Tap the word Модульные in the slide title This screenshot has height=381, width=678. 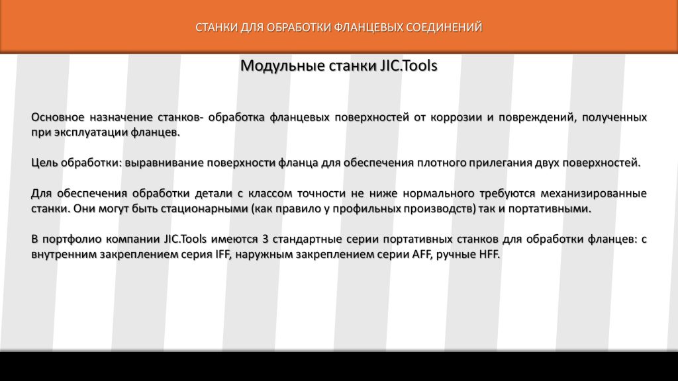pos(283,65)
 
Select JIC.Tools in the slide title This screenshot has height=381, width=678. pos(409,65)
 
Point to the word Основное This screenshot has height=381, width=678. pos(58,117)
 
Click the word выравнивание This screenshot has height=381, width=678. pos(164,163)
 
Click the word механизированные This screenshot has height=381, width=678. pos(594,194)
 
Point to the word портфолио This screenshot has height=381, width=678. pos(72,239)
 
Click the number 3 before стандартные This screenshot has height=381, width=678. pos(265,239)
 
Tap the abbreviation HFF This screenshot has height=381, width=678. pos(489,255)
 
